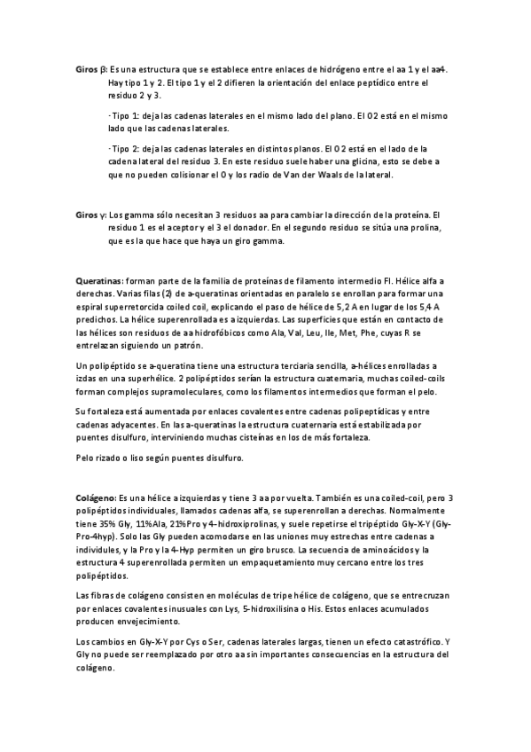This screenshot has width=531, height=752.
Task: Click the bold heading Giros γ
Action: click(x=91, y=215)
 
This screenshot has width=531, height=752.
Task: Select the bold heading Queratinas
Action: click(x=99, y=280)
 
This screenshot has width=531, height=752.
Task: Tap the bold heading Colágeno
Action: click(x=97, y=498)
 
